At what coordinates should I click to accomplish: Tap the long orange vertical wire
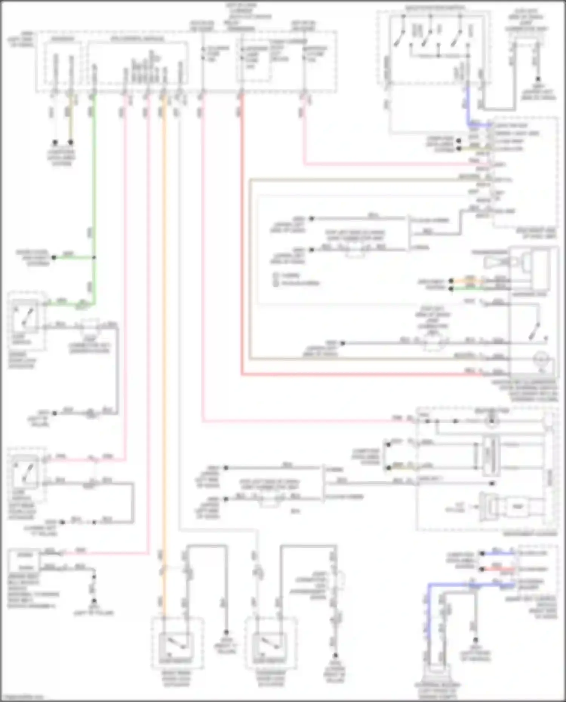pos(164,339)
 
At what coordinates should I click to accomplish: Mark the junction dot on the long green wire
pos(94,258)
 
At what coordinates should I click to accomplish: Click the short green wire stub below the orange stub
pos(468,289)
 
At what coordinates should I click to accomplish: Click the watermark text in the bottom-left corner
pos(22,697)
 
